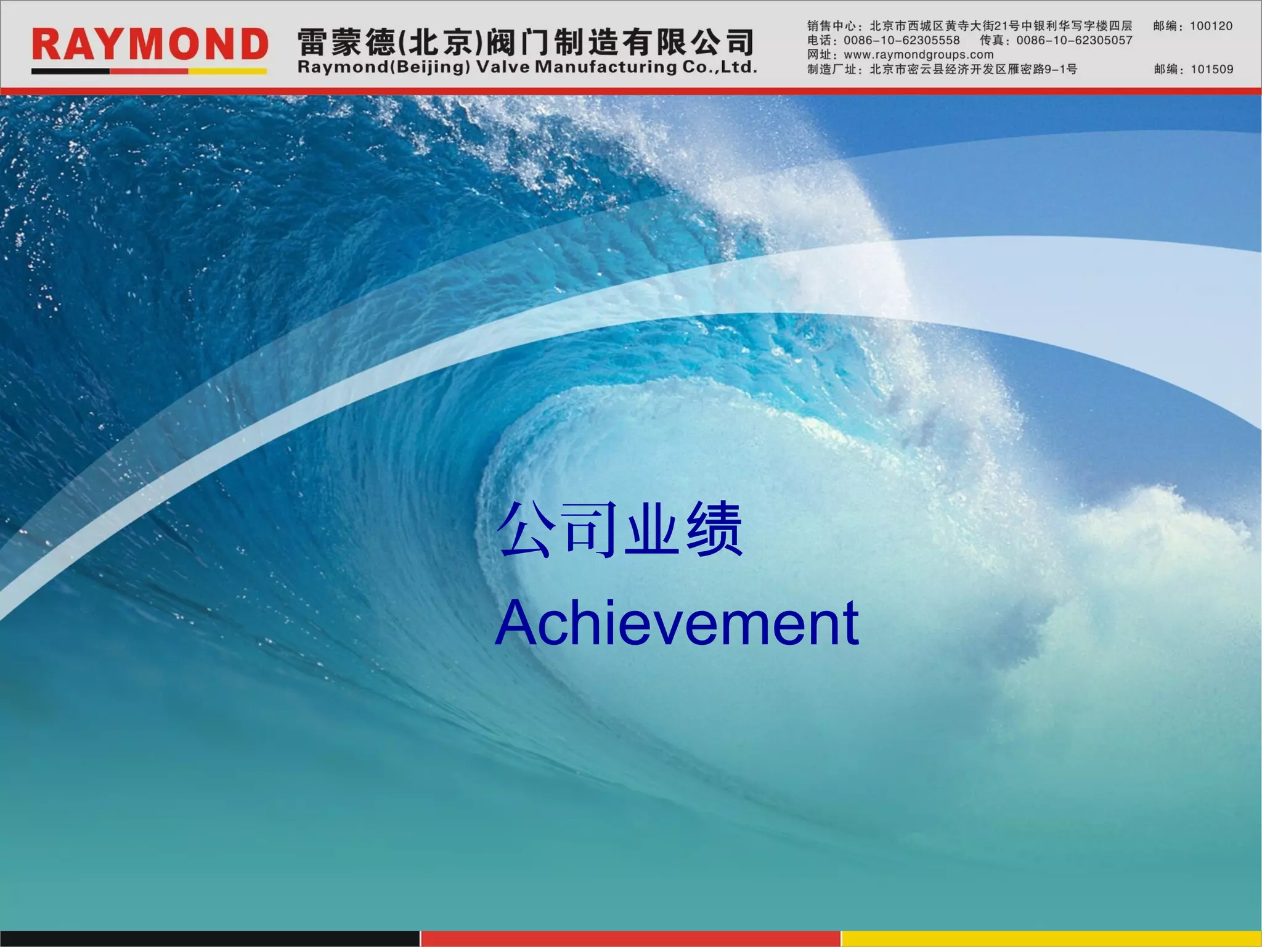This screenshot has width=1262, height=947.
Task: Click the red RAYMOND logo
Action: [x=150, y=44]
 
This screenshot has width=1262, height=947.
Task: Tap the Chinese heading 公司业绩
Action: [x=620, y=529]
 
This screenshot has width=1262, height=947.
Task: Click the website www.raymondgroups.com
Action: [x=918, y=55]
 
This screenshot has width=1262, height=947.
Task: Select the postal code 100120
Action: [x=1211, y=26]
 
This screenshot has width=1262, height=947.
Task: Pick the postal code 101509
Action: [x=1211, y=69]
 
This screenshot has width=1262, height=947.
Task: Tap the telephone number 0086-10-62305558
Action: [x=902, y=41]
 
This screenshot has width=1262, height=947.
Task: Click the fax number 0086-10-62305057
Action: [x=1074, y=41]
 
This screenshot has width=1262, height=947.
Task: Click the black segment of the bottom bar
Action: [x=210, y=938]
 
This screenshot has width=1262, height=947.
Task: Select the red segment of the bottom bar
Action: [x=630, y=938]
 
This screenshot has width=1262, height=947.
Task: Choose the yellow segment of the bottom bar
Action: [x=1051, y=938]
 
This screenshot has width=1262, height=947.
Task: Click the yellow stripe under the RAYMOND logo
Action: [x=227, y=72]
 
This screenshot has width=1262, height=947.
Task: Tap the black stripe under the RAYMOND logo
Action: [x=70, y=72]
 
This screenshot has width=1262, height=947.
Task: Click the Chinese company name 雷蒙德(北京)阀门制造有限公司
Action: [x=526, y=42]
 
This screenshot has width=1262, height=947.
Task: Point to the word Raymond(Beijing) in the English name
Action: [x=383, y=67]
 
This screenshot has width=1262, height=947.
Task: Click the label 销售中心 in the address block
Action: [x=831, y=26]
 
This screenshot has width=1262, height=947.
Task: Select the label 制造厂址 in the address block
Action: [x=831, y=69]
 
